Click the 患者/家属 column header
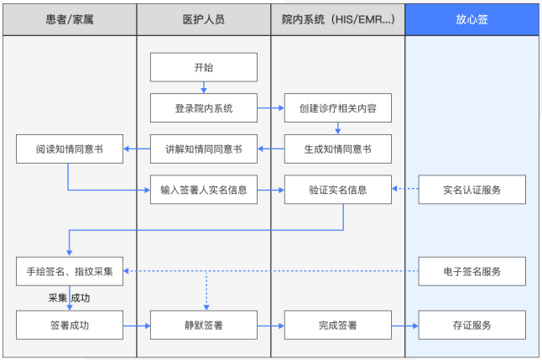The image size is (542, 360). click(70, 18)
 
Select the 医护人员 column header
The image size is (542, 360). click(204, 18)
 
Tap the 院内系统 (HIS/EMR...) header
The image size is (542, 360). click(337, 18)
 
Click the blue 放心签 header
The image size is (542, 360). click(472, 18)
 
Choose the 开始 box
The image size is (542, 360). click(204, 67)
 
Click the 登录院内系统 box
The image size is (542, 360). click(204, 107)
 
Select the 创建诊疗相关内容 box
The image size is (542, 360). click(337, 107)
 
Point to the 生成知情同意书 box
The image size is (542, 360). click(337, 149)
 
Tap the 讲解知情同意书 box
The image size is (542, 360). click(204, 149)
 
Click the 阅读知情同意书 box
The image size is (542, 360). click(70, 149)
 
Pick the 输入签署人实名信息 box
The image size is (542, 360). click(204, 189)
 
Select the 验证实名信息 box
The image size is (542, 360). click(337, 189)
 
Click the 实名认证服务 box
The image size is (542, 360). click(472, 189)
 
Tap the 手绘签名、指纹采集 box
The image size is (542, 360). click(70, 271)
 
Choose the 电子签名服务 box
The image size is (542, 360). click(472, 271)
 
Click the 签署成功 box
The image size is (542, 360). click(70, 324)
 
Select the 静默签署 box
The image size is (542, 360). click(204, 324)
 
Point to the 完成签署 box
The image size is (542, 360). click(337, 324)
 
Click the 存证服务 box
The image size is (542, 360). click(472, 324)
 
